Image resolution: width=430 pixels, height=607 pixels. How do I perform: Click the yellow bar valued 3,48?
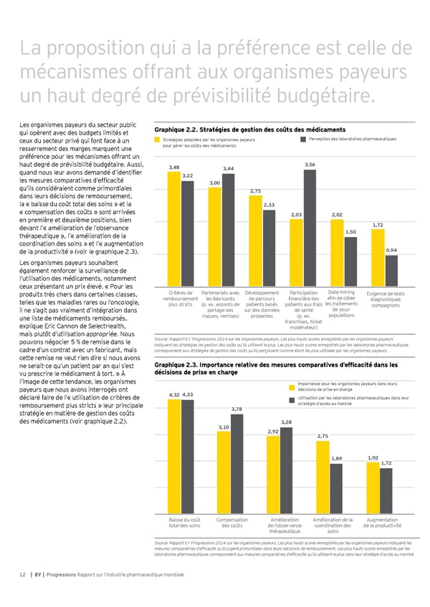tap(173, 228)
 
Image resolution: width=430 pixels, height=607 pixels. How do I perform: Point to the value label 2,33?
tap(269, 205)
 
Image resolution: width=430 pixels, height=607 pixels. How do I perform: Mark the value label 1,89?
tap(338, 458)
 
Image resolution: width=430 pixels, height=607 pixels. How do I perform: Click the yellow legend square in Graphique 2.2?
tap(157, 139)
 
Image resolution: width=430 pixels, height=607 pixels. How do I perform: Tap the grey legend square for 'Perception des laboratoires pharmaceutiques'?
tap(304, 139)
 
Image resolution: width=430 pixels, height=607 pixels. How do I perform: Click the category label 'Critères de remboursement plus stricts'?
tap(180, 298)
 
